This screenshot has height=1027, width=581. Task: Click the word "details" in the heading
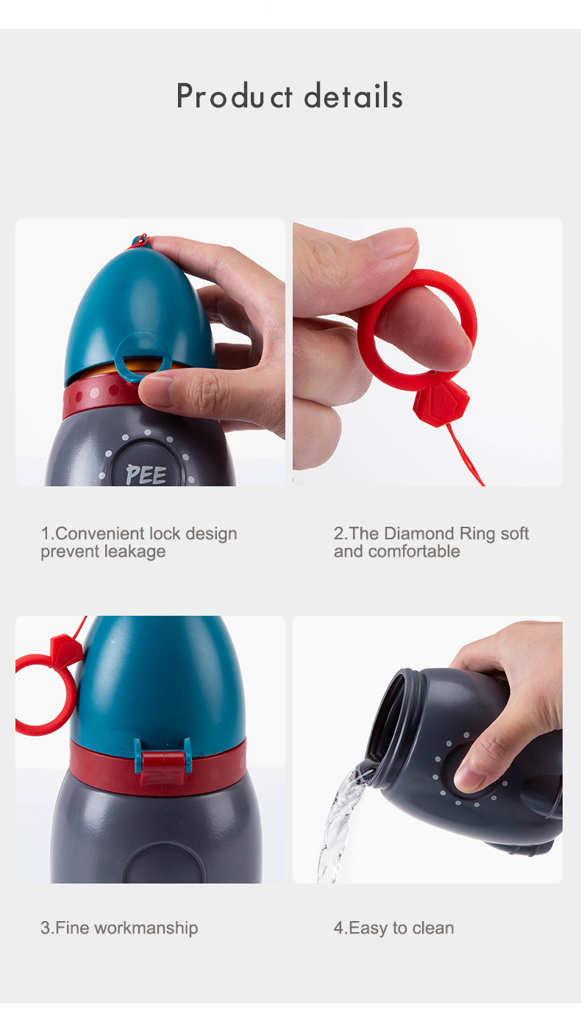tap(353, 96)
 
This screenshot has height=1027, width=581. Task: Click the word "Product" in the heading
tap(235, 96)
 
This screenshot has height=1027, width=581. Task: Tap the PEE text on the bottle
tap(146, 475)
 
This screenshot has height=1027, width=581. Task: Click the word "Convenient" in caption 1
tap(100, 533)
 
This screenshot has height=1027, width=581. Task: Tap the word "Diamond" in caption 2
tap(418, 533)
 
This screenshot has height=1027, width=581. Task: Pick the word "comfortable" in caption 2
tap(414, 552)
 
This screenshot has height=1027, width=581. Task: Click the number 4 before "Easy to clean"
tap(338, 928)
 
